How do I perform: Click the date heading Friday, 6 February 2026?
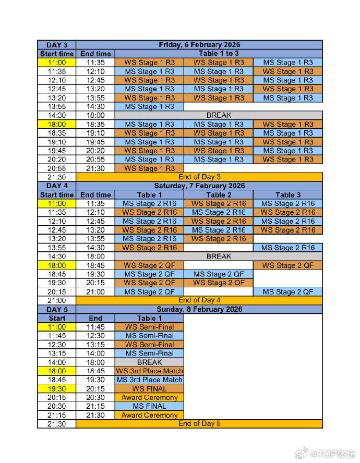tap(199, 45)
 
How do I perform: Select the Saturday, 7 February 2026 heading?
tap(199, 186)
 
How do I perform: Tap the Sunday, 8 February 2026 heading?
tap(199, 309)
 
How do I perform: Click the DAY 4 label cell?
tap(57, 186)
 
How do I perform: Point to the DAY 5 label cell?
tap(57, 309)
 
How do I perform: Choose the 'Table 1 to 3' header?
tap(219, 54)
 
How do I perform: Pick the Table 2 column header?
tap(219, 194)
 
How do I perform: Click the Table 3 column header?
tap(288, 194)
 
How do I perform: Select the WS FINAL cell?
tap(149, 388)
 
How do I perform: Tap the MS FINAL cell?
tap(149, 406)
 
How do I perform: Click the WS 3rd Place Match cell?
tap(149, 371)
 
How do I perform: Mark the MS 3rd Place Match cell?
tap(149, 380)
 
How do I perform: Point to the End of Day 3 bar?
tap(199, 177)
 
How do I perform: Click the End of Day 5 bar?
tap(199, 423)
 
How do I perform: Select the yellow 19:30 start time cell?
tap(57, 388)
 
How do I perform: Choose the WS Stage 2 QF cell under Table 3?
tap(288, 265)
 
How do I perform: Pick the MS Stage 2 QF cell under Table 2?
tap(219, 274)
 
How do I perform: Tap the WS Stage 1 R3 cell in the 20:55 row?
tap(149, 168)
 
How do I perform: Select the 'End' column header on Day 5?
tap(95, 318)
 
